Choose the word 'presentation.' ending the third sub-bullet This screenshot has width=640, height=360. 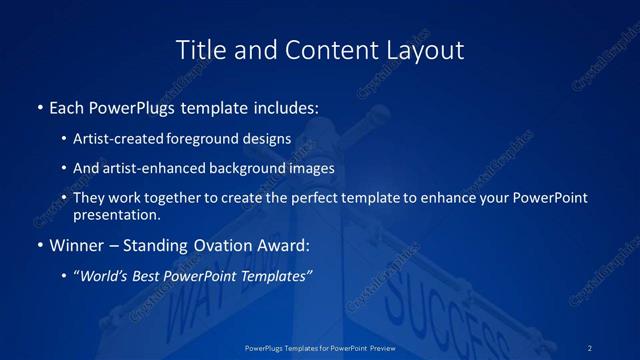point(116,214)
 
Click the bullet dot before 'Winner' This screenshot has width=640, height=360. point(39,245)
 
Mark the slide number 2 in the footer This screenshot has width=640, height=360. point(590,347)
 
